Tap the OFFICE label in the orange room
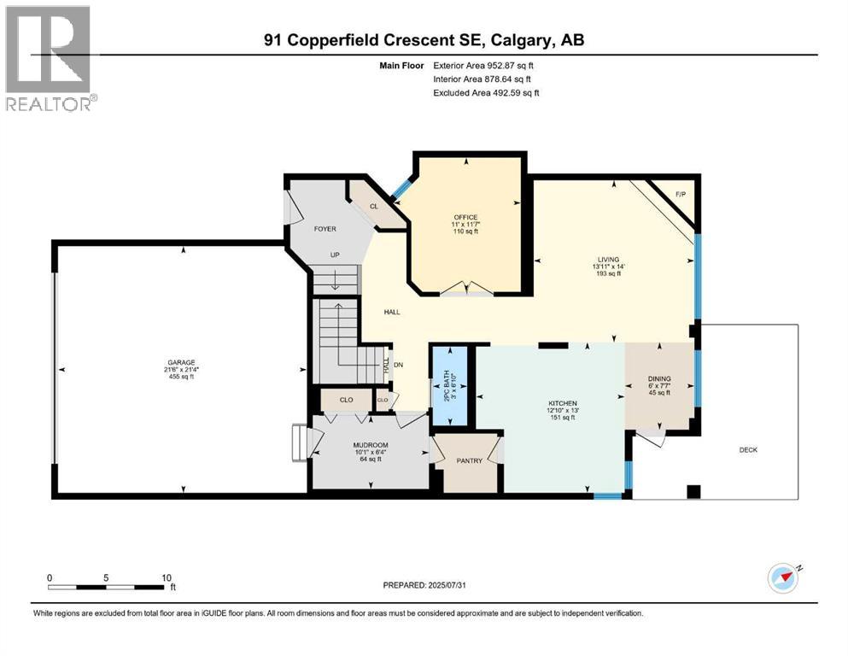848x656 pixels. (x=465, y=217)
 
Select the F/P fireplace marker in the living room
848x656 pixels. (x=681, y=195)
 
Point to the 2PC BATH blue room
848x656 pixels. (x=448, y=387)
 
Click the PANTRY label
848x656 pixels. (x=470, y=461)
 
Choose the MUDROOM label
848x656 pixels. (x=371, y=445)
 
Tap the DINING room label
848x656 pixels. (x=659, y=378)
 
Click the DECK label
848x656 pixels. (x=748, y=450)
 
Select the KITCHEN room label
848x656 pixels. (x=563, y=403)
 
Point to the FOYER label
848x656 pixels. (x=325, y=229)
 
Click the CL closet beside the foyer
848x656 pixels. (x=374, y=208)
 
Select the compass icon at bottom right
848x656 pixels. (x=782, y=578)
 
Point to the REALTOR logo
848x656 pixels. (x=50, y=58)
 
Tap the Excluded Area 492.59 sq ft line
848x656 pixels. (x=486, y=92)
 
